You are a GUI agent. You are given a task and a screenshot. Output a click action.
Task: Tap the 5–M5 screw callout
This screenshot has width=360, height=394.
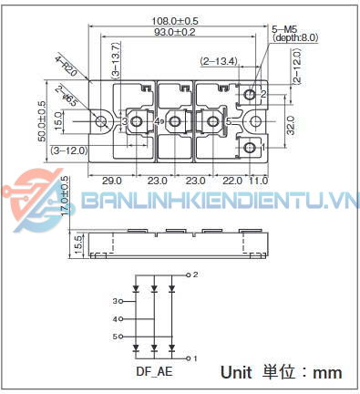(x=286, y=27)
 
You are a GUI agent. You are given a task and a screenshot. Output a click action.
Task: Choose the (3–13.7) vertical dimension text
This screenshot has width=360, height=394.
(x=115, y=62)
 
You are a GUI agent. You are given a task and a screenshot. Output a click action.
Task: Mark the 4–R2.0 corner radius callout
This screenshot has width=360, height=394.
(x=67, y=67)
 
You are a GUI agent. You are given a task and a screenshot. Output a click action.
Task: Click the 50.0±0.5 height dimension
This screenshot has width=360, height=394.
(x=42, y=121)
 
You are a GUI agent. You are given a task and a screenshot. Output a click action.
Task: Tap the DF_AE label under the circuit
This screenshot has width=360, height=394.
(x=154, y=371)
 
